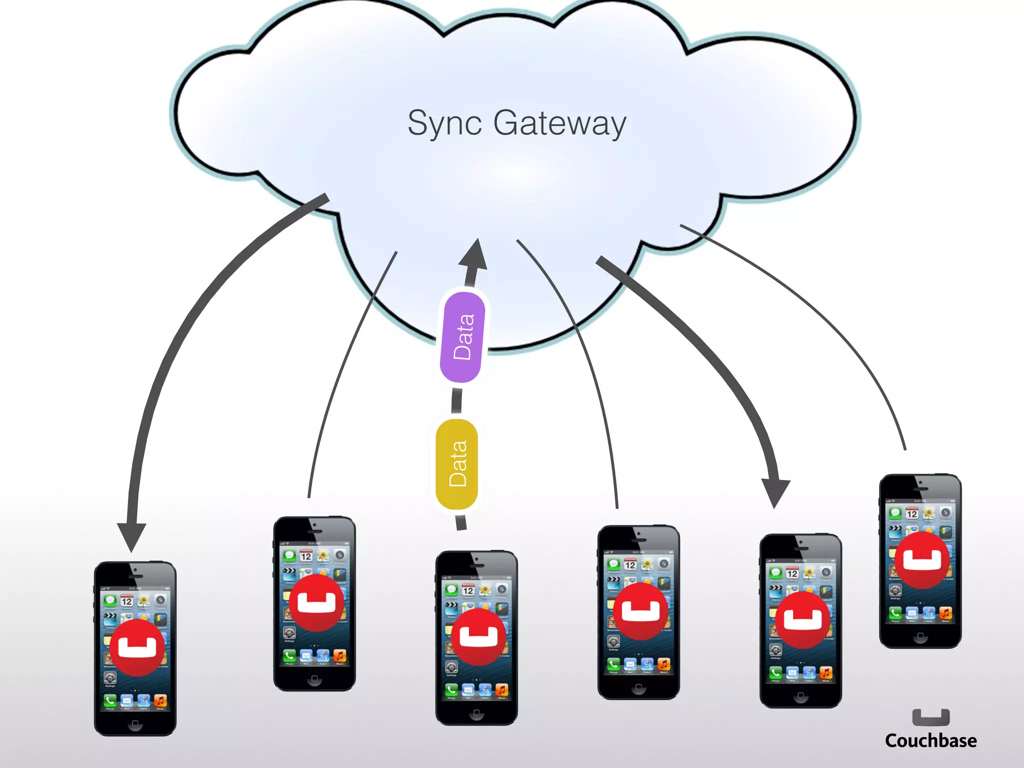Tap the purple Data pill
pyautogui.click(x=463, y=337)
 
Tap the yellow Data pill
pyautogui.click(x=457, y=464)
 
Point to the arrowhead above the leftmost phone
pyautogui.click(x=131, y=536)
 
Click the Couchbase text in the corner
pyautogui.click(x=930, y=740)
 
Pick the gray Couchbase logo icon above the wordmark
pyautogui.click(x=930, y=717)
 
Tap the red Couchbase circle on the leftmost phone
pyautogui.click(x=137, y=648)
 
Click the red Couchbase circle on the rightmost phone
pyautogui.click(x=922, y=560)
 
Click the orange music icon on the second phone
pyautogui.click(x=339, y=656)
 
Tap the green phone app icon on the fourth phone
pyautogui.click(x=613, y=664)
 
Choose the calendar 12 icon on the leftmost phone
pyautogui.click(x=126, y=600)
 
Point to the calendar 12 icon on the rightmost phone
pyautogui.click(x=912, y=513)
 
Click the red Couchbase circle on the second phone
pyautogui.click(x=316, y=603)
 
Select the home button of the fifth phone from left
pyautogui.click(x=800, y=696)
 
